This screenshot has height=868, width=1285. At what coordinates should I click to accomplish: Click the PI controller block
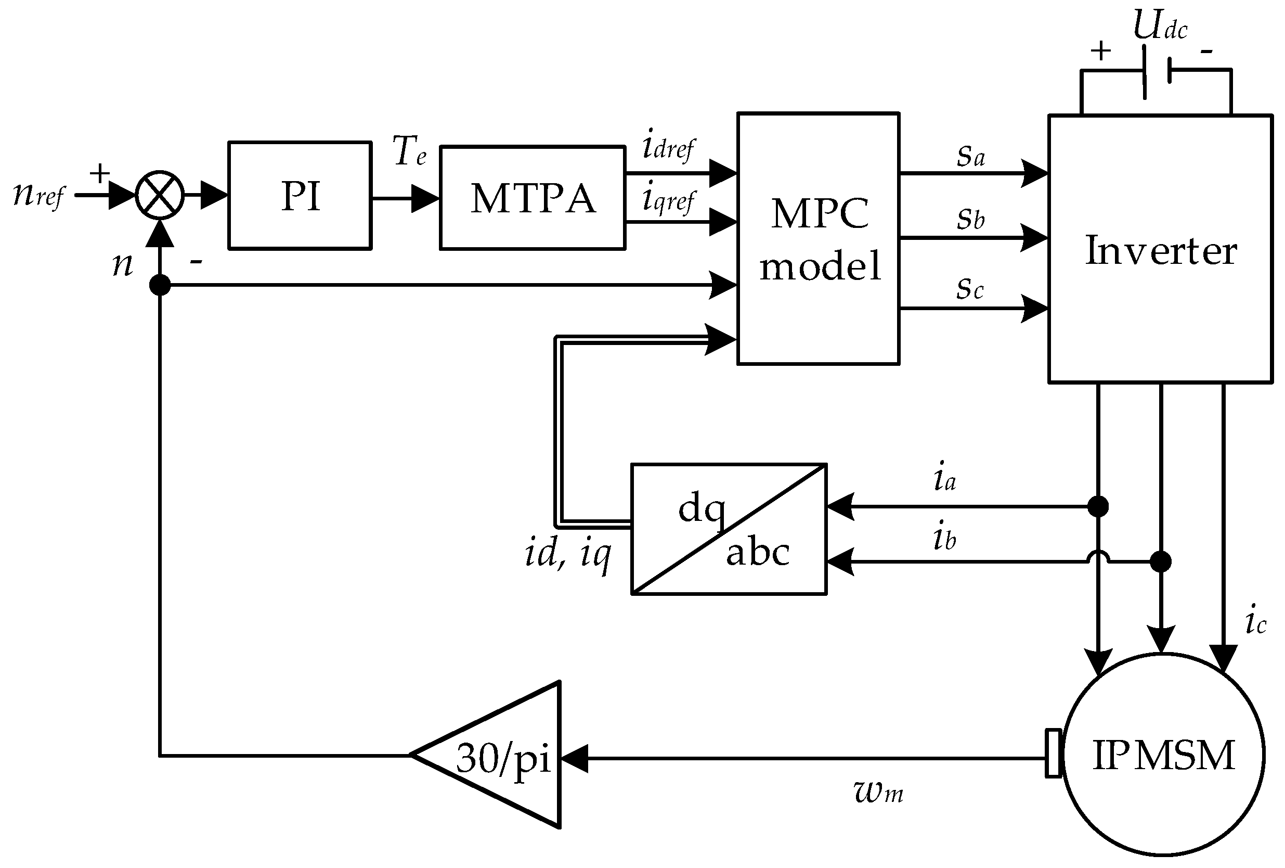(300, 195)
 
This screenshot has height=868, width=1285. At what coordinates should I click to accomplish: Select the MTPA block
(532, 198)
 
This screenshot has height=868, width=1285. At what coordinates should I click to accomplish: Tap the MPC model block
(819, 239)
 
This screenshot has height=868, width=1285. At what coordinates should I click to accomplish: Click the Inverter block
(1161, 249)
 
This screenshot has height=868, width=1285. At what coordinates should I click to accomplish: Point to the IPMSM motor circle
(1163, 755)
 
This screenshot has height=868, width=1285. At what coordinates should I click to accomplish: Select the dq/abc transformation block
(728, 529)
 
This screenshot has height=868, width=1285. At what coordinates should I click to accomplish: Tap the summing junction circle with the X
(160, 195)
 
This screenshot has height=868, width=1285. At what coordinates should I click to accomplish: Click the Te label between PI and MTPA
(409, 151)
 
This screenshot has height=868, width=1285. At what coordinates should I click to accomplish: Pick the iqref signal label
(668, 199)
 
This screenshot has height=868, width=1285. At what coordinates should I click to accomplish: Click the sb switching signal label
(971, 219)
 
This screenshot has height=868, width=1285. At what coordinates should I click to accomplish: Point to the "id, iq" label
(568, 553)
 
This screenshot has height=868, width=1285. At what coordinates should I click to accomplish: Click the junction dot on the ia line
(1098, 506)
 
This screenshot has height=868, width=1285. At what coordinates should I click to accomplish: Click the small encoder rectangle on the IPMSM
(1053, 754)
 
